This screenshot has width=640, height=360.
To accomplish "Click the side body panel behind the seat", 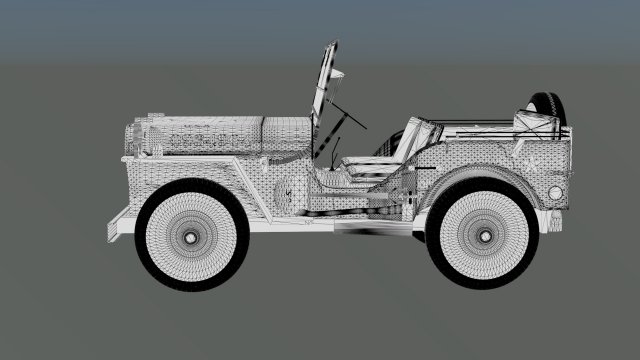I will [500, 150].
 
